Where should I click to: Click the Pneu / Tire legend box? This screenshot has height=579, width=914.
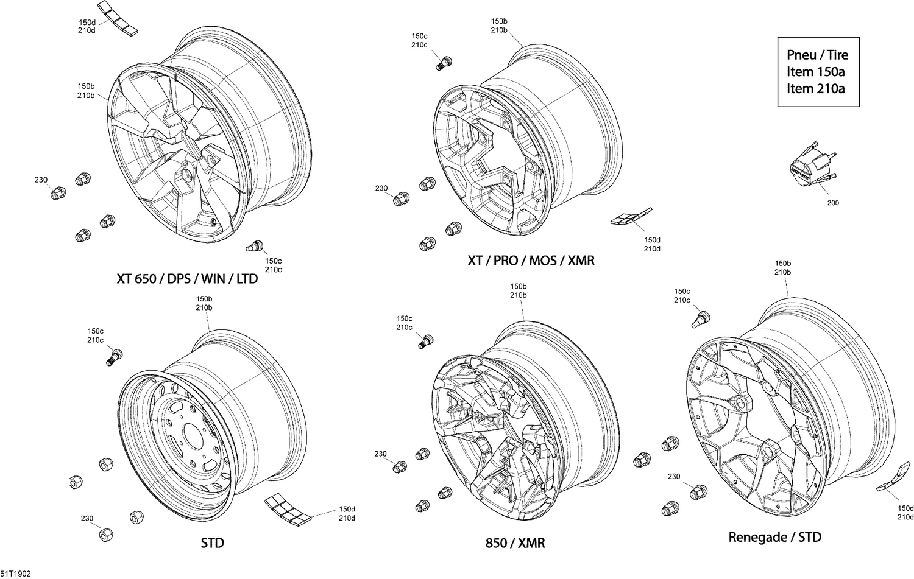tap(818, 72)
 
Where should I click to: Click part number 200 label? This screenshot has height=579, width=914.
tap(832, 203)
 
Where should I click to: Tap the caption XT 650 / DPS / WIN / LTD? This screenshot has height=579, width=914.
tap(187, 279)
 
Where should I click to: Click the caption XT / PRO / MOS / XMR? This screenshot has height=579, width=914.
tap(530, 261)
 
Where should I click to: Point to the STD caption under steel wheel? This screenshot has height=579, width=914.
tap(212, 542)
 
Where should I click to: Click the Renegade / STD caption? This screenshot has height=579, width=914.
tap(774, 537)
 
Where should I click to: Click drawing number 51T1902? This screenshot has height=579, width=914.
tap(16, 574)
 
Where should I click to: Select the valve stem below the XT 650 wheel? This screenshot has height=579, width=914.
tap(254, 246)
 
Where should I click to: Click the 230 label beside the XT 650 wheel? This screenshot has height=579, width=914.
tap(41, 180)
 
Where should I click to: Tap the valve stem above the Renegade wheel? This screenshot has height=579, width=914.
tap(701, 318)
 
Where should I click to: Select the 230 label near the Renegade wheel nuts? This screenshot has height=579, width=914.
tap(673, 477)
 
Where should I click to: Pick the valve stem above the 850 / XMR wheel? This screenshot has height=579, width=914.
tap(427, 341)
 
